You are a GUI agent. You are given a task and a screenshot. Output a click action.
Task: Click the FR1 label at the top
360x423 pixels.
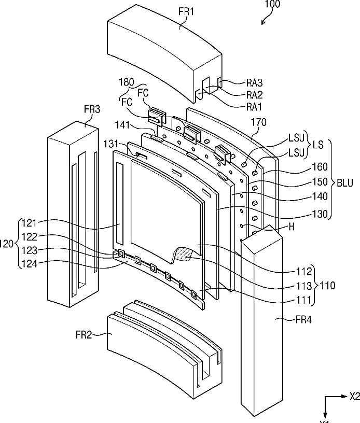coord(186,12)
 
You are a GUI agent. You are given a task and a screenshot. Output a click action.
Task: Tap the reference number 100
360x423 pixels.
coord(272,4)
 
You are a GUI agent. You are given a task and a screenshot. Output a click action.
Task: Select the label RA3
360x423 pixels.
coord(254,83)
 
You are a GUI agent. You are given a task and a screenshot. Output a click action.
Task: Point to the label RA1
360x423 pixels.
coord(254,107)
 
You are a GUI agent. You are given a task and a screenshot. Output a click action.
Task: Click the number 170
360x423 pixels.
coord(259,122)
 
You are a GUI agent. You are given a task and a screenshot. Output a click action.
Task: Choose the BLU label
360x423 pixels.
coord(345,183)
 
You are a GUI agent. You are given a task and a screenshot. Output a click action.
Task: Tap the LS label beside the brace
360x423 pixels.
coord(318,145)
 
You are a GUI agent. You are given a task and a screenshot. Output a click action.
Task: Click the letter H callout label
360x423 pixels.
coord(292,227)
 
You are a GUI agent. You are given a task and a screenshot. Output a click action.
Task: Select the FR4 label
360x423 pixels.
coord(303,320)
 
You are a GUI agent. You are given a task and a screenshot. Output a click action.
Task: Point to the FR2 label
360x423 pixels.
coord(84,335)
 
